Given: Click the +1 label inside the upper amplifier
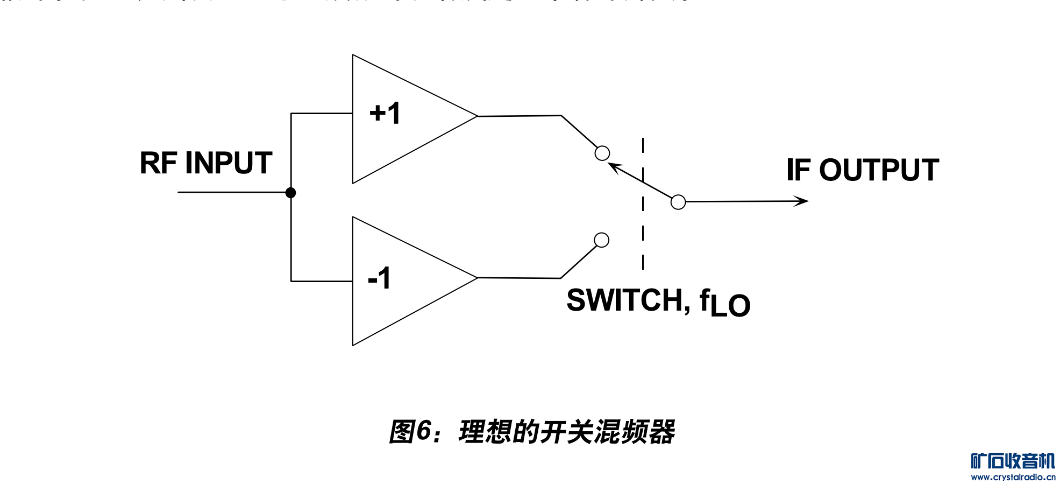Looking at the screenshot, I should click(385, 114).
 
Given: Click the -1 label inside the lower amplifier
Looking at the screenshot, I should click(379, 278).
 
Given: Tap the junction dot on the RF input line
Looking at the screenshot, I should click(291, 192).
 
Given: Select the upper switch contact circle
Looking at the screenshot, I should click(602, 153).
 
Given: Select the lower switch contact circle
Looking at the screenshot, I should click(602, 240).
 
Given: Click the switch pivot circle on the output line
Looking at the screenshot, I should click(678, 202).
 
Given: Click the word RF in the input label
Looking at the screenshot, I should click(158, 163).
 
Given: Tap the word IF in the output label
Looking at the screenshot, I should click(798, 170).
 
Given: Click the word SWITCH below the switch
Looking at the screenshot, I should click(625, 300).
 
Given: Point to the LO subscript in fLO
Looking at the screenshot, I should click(730, 305).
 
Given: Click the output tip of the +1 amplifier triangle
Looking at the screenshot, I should click(476, 116).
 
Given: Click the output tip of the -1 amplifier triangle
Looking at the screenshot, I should click(476, 278).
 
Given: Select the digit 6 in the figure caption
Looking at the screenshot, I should click(424, 431).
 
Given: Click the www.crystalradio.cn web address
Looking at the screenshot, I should click(1013, 477).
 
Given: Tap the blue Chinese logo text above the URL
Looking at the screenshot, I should click(1013, 461).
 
